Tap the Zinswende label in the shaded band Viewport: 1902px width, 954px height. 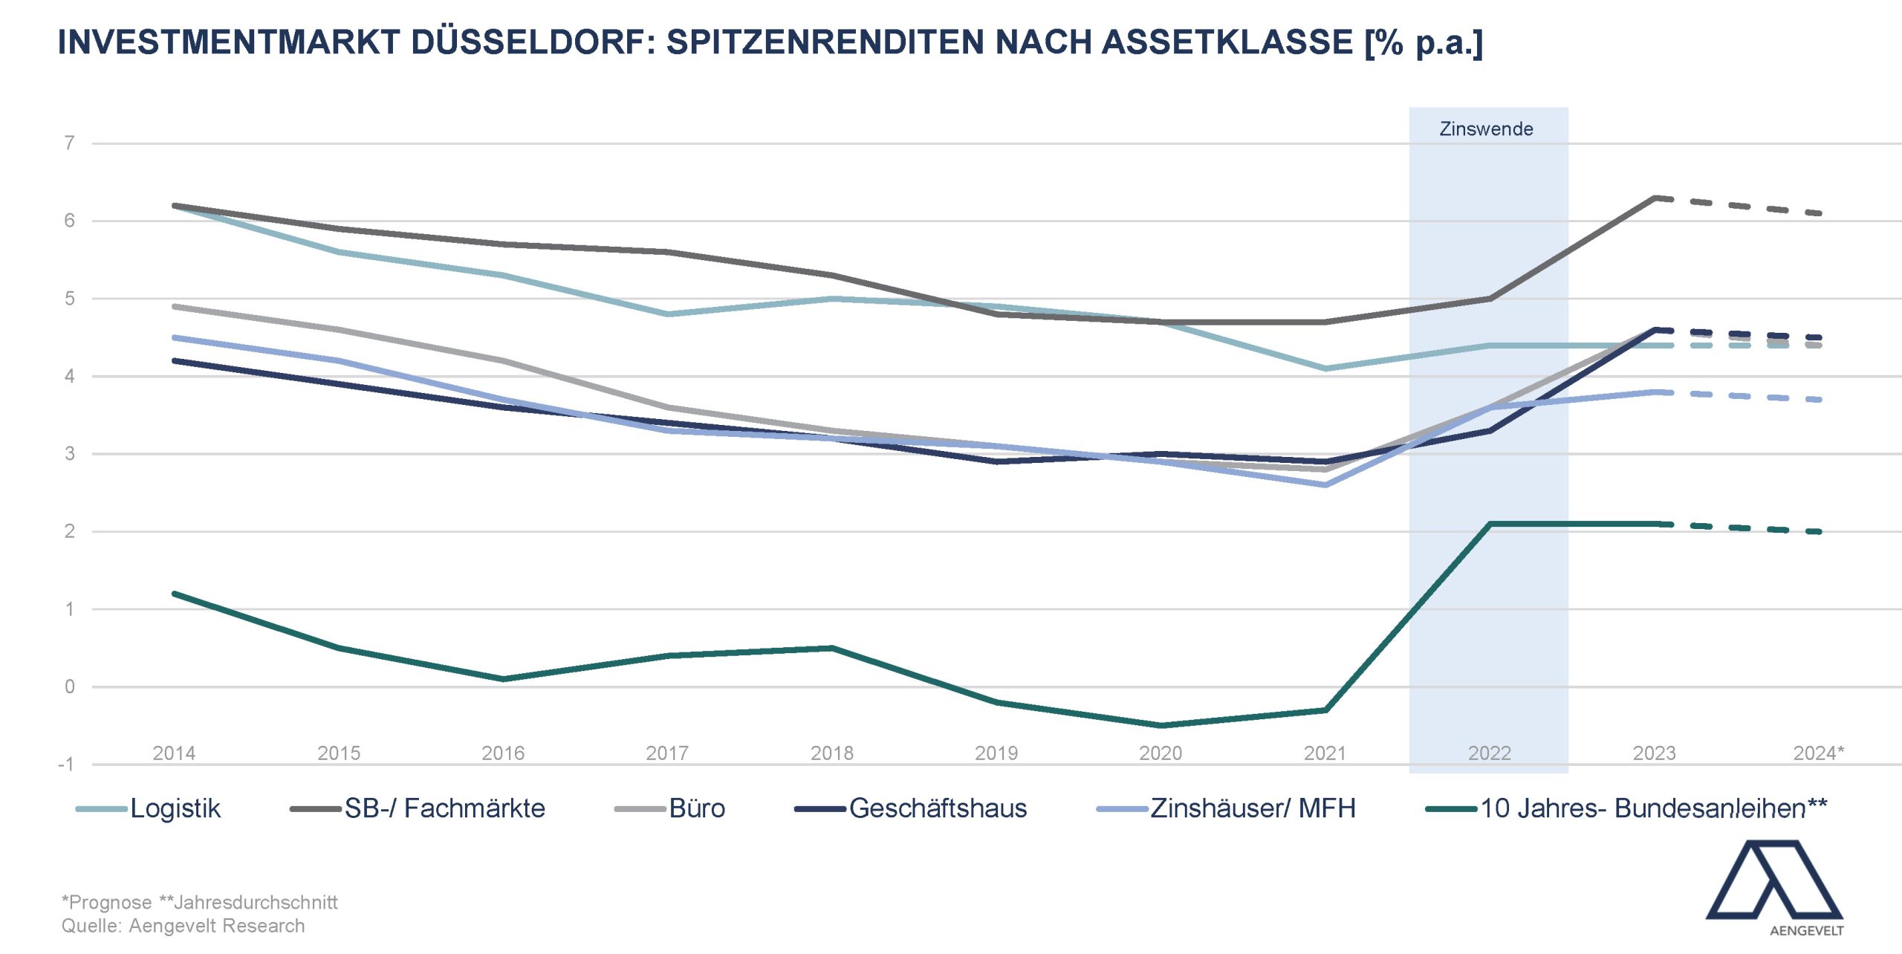point(1486,129)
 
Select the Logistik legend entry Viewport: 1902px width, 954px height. point(175,808)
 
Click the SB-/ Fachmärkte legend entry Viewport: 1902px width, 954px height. point(444,808)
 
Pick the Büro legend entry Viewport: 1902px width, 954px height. point(696,808)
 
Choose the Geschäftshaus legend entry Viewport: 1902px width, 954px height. point(938,808)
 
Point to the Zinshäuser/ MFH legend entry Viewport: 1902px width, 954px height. point(1253,808)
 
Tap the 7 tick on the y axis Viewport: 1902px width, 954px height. point(70,143)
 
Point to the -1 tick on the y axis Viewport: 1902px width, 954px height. point(67,765)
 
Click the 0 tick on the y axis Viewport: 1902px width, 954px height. point(70,687)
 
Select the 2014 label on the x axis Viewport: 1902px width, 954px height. point(174,753)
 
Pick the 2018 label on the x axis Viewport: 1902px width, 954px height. point(832,753)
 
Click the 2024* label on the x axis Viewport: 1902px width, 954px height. point(1818,753)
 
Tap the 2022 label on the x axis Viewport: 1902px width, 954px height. point(1490,753)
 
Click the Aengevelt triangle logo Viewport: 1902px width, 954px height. point(1774,880)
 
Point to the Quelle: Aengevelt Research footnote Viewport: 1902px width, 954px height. point(183,926)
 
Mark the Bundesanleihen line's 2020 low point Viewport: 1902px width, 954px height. point(1161,725)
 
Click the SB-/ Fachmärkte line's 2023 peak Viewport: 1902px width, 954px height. point(1655,198)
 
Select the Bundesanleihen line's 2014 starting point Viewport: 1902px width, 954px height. point(175,594)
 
